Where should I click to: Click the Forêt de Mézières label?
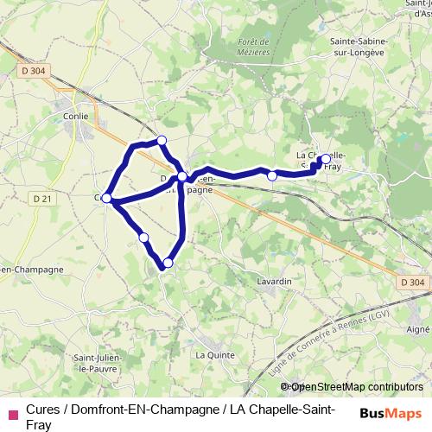253,46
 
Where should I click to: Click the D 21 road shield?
42,199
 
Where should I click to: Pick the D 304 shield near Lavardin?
414,282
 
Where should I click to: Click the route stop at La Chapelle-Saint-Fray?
324,159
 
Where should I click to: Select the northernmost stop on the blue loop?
161,140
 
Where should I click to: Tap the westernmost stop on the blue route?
107,198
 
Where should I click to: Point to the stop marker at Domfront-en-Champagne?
182,176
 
